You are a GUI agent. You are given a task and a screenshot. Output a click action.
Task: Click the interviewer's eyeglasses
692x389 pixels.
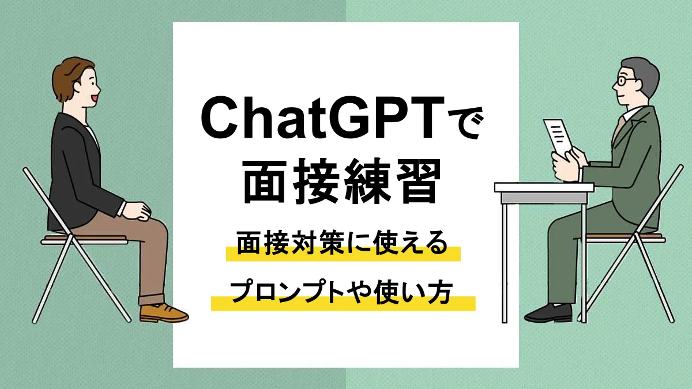[x=625, y=81]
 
